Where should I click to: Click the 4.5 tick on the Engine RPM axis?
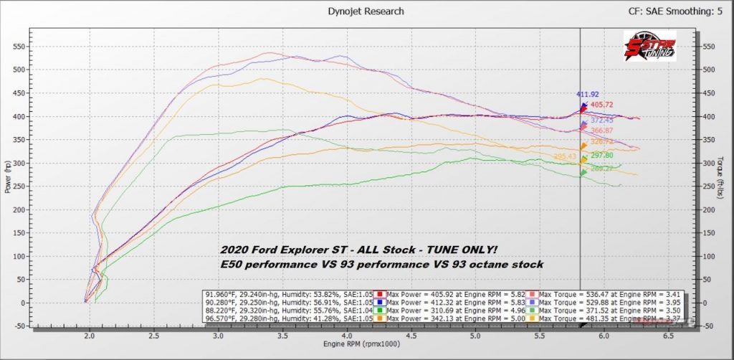click(x=411, y=335)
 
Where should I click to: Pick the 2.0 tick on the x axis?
click(x=90, y=335)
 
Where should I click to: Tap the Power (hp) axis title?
click(x=6, y=176)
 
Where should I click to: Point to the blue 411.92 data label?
click(x=587, y=94)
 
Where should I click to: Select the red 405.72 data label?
click(x=601, y=105)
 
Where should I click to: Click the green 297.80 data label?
click(x=601, y=155)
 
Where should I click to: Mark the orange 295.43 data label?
click(x=565, y=156)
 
